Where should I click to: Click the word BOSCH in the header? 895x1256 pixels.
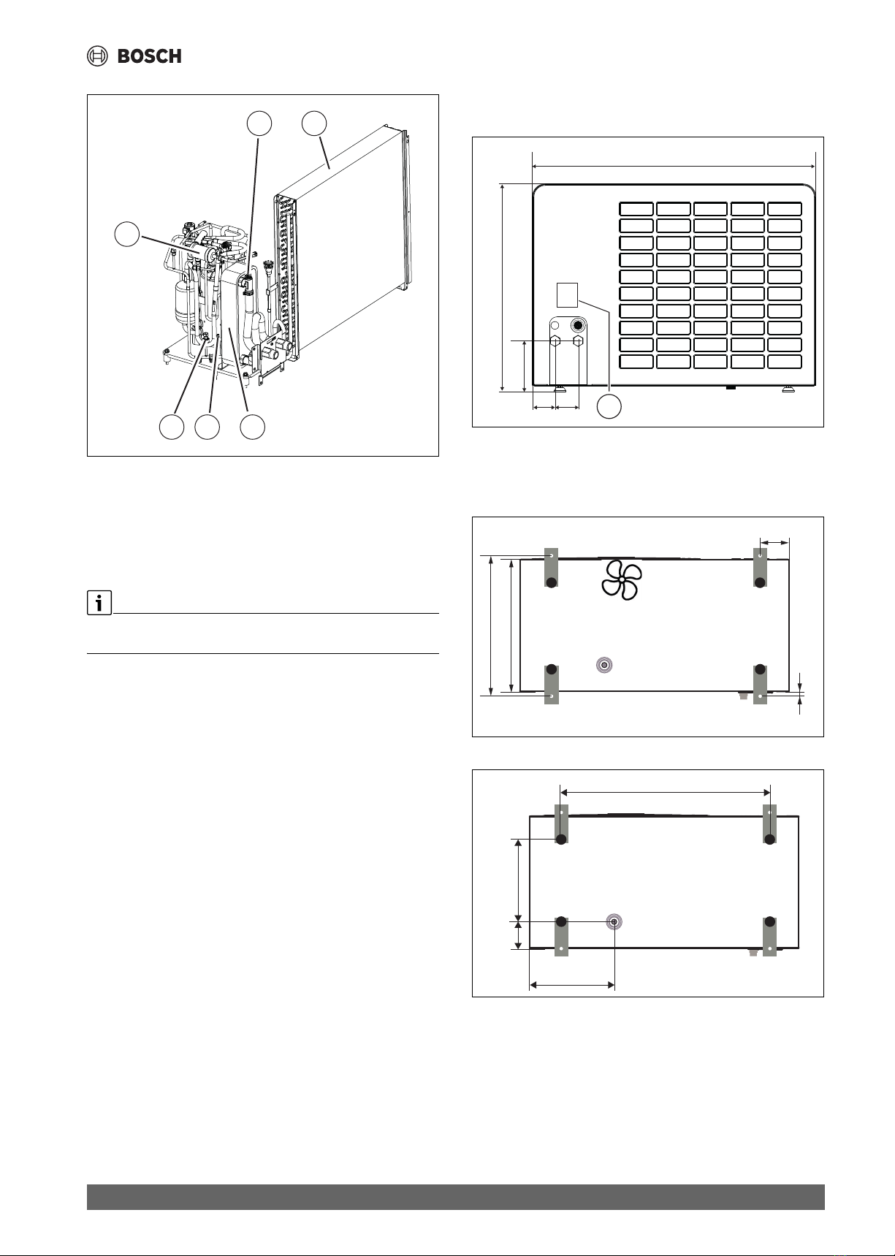pos(150,56)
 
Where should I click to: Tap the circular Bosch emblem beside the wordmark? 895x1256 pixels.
pos(98,56)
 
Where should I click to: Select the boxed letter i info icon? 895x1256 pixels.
pos(99,604)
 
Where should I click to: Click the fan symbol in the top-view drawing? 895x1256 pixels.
pos(621,581)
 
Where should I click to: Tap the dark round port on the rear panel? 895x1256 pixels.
pos(578,324)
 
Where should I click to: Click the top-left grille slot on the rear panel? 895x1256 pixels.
pos(636,208)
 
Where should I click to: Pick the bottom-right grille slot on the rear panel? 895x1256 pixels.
pos(785,361)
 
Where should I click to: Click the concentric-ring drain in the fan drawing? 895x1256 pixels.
pos(604,665)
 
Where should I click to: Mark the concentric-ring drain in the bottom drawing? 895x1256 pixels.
pos(614,921)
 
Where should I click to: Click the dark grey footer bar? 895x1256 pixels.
pos(456,1197)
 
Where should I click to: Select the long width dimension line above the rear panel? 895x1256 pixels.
pos(674,167)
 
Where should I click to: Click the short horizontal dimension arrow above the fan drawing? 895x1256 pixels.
pos(774,542)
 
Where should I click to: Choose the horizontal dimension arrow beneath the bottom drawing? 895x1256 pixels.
pos(572,985)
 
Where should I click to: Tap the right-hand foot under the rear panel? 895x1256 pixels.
pos(788,389)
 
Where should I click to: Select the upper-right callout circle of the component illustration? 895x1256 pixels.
pos(315,123)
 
